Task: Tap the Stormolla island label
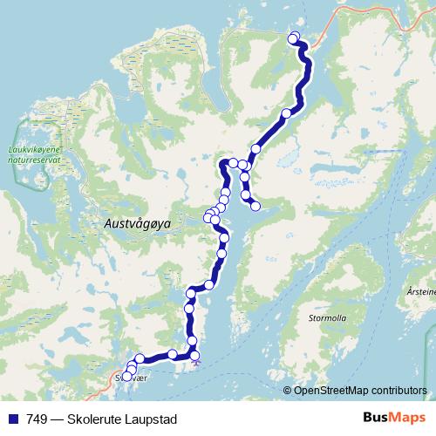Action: pos(327,318)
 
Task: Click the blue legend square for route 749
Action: pos(11,419)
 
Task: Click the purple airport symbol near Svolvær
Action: pos(196,360)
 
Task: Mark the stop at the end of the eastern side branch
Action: pos(255,206)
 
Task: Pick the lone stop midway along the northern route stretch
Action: pos(286,113)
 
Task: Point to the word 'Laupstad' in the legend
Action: pos(152,419)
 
